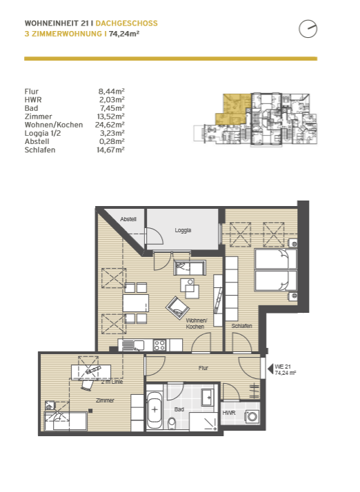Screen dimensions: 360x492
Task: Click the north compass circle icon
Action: (308, 29)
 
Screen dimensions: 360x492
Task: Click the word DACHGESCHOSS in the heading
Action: (127, 23)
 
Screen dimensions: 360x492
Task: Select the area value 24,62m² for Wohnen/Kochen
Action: (110, 125)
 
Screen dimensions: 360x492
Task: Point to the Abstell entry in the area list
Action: (37, 141)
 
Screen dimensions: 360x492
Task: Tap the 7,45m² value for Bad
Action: (112, 108)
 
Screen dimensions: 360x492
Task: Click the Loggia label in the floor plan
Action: (183, 230)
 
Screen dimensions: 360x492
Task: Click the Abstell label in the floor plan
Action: (128, 219)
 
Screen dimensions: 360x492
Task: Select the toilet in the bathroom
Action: (172, 423)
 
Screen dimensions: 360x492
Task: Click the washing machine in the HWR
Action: (252, 417)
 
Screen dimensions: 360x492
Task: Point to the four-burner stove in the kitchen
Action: (159, 345)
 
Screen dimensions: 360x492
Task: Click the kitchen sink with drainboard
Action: (132, 345)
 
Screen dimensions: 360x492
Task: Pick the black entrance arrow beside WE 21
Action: (270, 369)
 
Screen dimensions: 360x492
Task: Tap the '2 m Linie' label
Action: (112, 382)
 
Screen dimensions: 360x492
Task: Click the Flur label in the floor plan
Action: (203, 368)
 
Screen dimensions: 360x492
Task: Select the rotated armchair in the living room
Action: (177, 308)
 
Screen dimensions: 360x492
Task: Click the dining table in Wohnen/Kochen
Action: (136, 303)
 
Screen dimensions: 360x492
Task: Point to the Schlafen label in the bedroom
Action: (241, 326)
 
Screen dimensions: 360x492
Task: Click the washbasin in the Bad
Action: (208, 398)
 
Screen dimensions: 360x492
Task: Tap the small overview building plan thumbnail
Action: (255, 119)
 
